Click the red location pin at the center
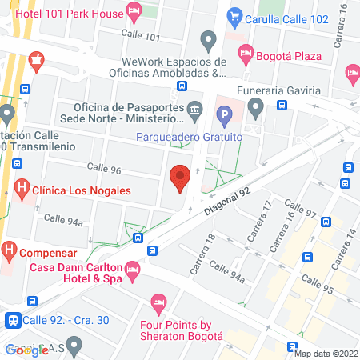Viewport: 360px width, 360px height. (x=180, y=177)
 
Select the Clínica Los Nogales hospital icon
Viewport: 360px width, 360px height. (x=22, y=191)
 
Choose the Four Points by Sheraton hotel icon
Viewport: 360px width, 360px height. (x=158, y=303)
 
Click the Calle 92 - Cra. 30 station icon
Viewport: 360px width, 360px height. (x=13, y=320)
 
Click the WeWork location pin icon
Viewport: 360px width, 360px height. (x=210, y=39)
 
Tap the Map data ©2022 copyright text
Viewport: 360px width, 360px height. (x=326, y=354)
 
